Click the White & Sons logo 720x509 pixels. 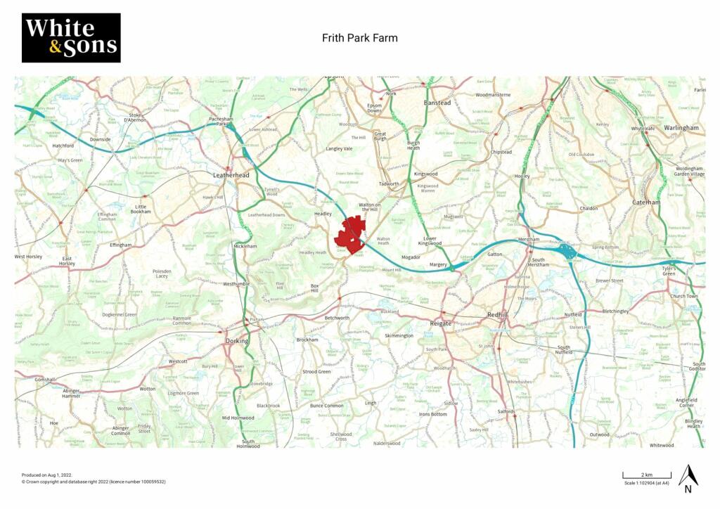click(x=71, y=38)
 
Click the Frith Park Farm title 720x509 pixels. click(x=359, y=38)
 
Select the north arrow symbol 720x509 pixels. click(x=688, y=478)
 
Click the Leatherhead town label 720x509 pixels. click(x=231, y=175)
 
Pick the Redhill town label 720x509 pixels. click(x=502, y=316)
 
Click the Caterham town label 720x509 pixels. click(x=645, y=202)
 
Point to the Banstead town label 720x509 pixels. click(x=437, y=103)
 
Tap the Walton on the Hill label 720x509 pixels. click(x=373, y=205)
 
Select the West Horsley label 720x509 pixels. click(x=28, y=257)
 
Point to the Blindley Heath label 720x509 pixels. click(x=693, y=423)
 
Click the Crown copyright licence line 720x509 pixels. click(x=94, y=482)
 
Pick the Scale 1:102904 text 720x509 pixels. click(x=646, y=484)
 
